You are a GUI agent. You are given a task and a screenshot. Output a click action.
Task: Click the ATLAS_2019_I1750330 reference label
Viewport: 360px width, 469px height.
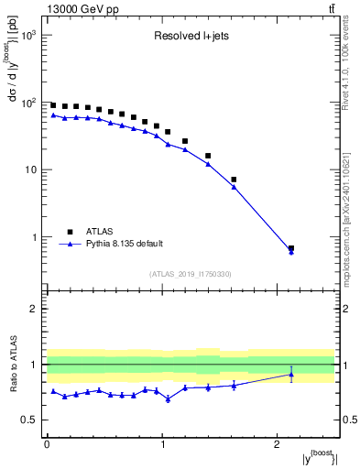click(190, 274)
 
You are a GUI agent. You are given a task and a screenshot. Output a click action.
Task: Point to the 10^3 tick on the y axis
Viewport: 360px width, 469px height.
click(30, 35)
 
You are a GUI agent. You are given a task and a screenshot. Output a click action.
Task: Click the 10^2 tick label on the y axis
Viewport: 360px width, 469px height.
click(30, 103)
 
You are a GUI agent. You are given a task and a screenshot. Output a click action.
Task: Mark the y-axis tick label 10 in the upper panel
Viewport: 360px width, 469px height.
click(33, 170)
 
